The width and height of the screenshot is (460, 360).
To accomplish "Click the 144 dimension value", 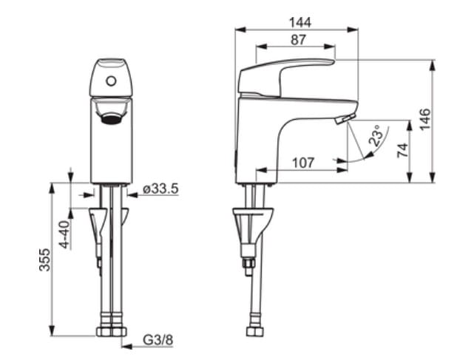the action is click(x=300, y=23).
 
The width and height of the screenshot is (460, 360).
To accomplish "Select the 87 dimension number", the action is click(x=298, y=40).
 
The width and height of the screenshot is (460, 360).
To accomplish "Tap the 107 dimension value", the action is click(x=303, y=163).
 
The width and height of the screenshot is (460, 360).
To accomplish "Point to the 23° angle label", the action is click(x=376, y=135).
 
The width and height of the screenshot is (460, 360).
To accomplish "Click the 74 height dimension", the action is click(x=402, y=150).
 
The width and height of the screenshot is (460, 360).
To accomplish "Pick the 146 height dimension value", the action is click(x=425, y=119).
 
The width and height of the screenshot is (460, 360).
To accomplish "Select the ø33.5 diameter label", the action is click(x=160, y=189).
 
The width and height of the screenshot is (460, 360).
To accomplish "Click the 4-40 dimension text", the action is click(x=65, y=234).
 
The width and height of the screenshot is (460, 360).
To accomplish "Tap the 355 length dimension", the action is click(x=45, y=259).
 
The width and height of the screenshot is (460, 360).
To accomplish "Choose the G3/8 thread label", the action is click(x=158, y=340).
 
